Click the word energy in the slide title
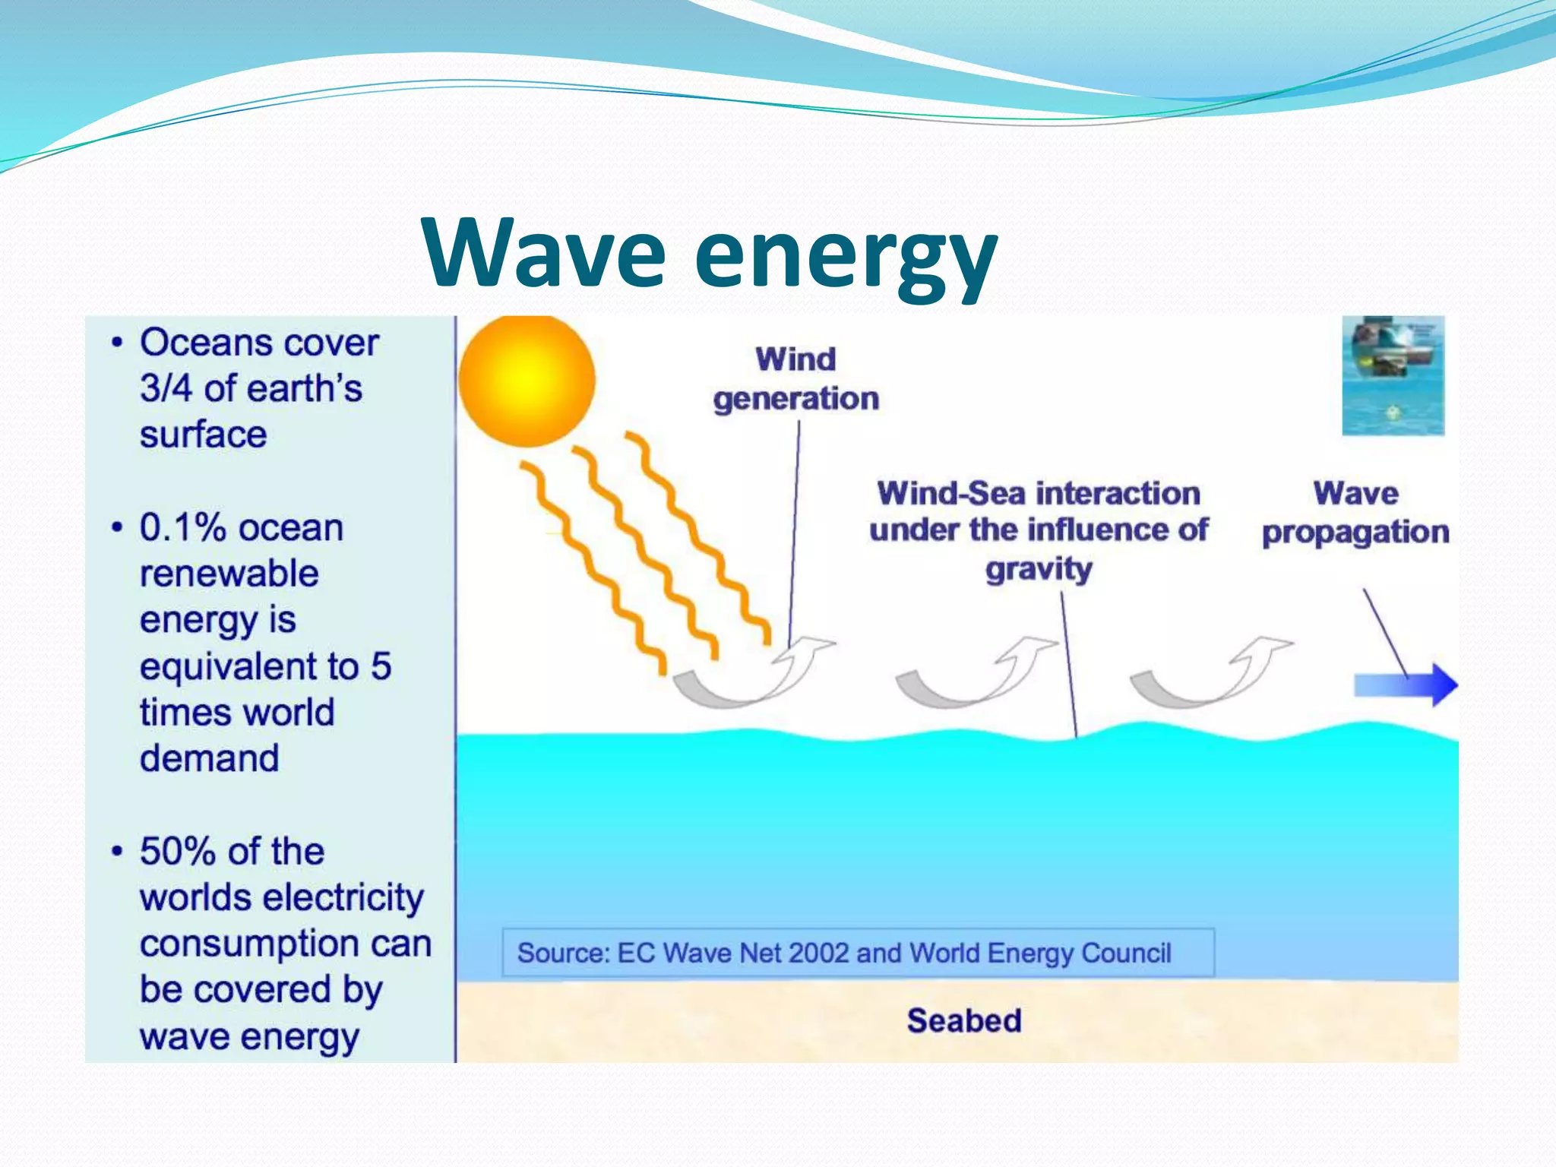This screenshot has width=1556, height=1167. (x=845, y=258)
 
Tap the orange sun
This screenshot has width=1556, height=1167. (x=527, y=379)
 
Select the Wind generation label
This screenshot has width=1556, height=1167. (x=795, y=378)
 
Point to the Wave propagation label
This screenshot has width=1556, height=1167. (x=1355, y=513)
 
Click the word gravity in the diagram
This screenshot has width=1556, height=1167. (x=1039, y=569)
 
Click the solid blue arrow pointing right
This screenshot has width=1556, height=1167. (x=1406, y=685)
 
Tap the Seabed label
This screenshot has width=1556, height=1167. (x=963, y=1020)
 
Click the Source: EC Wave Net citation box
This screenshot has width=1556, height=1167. (x=858, y=953)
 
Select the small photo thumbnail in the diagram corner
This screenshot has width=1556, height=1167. (x=1393, y=375)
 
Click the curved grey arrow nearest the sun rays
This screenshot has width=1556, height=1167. (x=752, y=675)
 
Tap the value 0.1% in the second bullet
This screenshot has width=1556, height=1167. (x=182, y=527)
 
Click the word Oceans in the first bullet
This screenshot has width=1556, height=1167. (x=196, y=343)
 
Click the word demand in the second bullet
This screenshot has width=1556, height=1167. (x=209, y=758)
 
